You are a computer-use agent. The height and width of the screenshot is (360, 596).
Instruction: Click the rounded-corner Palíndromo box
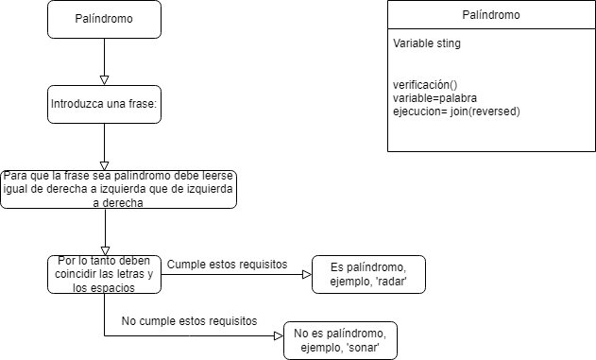pyautogui.click(x=104, y=19)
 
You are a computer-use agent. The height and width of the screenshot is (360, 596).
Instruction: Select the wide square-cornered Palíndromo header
pyautogui.click(x=491, y=15)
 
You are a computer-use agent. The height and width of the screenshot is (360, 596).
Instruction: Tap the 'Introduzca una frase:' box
pyautogui.click(x=104, y=104)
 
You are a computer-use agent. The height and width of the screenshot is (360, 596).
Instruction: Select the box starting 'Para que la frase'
pyautogui.click(x=118, y=189)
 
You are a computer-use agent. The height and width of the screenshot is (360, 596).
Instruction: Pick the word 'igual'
pyautogui.click(x=19, y=189)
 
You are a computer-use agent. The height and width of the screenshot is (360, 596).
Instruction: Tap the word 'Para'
pyautogui.click(x=16, y=176)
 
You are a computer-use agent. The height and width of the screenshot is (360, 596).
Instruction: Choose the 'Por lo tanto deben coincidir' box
pyautogui.click(x=104, y=274)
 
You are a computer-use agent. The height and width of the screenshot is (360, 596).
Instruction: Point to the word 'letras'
pyautogui.click(x=128, y=274)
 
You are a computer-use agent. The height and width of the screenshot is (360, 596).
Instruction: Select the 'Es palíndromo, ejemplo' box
pyautogui.click(x=367, y=274)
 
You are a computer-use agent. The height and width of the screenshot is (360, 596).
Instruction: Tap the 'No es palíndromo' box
pyautogui.click(x=340, y=340)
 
